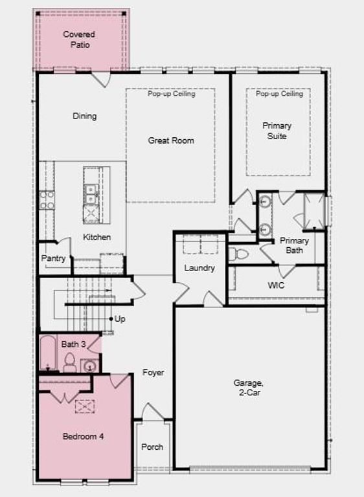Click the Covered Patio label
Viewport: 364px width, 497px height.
pyautogui.click(x=79, y=39)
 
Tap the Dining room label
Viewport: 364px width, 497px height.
pyautogui.click(x=84, y=116)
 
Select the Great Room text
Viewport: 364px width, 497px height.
pyautogui.click(x=171, y=140)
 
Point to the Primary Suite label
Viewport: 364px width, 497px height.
pyautogui.click(x=277, y=131)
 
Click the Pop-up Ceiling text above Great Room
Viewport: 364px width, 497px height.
pyautogui.click(x=171, y=94)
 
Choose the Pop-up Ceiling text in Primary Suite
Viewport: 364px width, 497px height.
pyautogui.click(x=279, y=94)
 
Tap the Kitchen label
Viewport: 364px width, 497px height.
pyautogui.click(x=97, y=237)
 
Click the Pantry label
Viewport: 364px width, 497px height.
pyautogui.click(x=53, y=258)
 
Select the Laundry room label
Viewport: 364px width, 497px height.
pyautogui.click(x=199, y=268)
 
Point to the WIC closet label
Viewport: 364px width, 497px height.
pyautogui.click(x=276, y=285)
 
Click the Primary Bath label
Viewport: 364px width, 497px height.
pyautogui.click(x=295, y=245)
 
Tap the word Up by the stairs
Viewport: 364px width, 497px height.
pyautogui.click(x=120, y=319)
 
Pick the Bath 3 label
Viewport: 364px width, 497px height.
pyautogui.click(x=73, y=344)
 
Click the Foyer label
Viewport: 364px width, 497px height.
pyautogui.click(x=153, y=373)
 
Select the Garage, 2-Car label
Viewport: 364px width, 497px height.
pyautogui.click(x=249, y=387)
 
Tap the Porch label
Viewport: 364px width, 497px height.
pyautogui.click(x=152, y=447)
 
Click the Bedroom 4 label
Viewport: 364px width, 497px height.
pyautogui.click(x=83, y=437)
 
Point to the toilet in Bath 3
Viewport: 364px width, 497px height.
pyautogui.click(x=69, y=363)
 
